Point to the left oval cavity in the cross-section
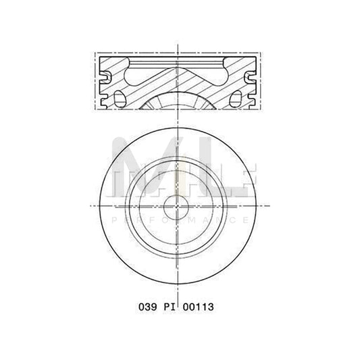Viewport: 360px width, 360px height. coord(122,94)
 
